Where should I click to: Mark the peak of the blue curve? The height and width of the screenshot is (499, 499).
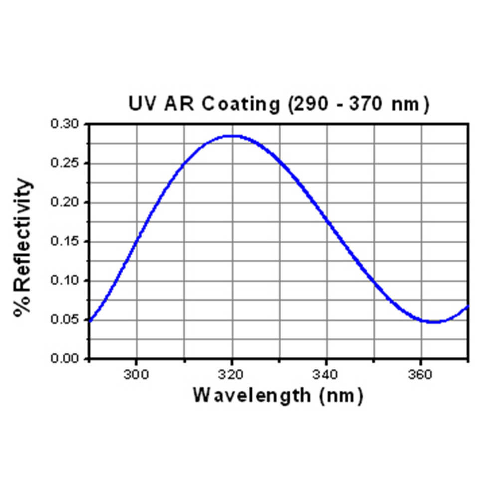pos(232,136)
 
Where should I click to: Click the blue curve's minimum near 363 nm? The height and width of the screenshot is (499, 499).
pos(433,322)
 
